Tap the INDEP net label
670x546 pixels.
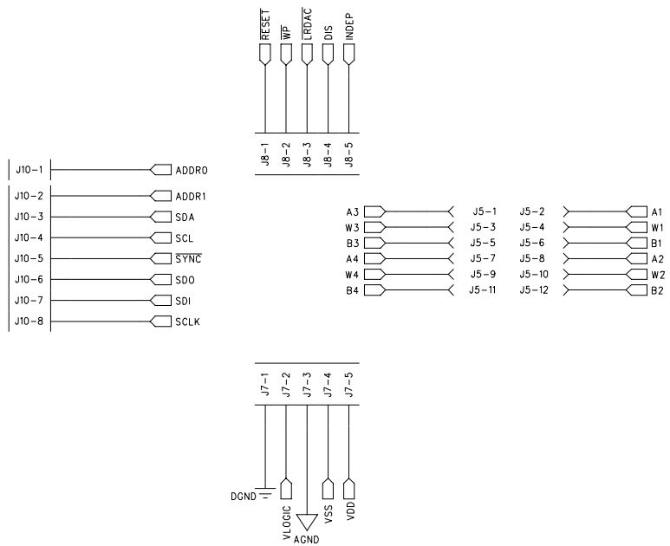pyautogui.click(x=349, y=27)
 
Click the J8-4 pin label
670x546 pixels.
pyautogui.click(x=328, y=156)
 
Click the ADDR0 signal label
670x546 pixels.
pyautogui.click(x=192, y=170)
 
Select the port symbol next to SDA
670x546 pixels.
pyautogui.click(x=161, y=217)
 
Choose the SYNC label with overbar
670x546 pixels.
pyautogui.click(x=189, y=259)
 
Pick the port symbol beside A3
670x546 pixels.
pyautogui.click(x=374, y=211)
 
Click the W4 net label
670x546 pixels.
pyautogui.click(x=351, y=275)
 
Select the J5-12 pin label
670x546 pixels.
pyautogui.click(x=534, y=290)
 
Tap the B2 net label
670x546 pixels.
pyautogui.click(x=657, y=290)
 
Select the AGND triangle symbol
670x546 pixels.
pyautogui.click(x=307, y=522)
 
